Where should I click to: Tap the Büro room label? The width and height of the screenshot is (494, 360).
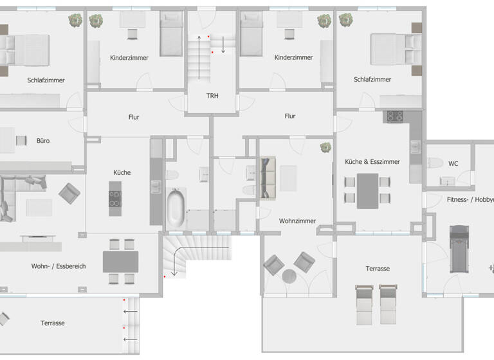coord(43,139)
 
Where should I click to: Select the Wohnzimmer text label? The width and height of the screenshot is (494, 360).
coord(297,221)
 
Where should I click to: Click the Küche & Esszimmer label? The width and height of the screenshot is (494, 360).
coord(372,161)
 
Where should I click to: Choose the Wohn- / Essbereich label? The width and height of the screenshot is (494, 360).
coord(59,265)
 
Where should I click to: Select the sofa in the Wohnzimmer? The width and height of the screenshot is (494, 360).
coord(266,177)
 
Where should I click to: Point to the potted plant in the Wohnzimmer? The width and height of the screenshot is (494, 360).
coord(325,147)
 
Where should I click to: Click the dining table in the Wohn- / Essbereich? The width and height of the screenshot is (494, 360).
coord(120,261)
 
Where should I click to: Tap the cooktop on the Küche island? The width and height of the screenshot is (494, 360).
coord(114,198)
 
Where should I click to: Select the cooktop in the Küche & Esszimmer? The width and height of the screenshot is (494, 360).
coord(393,116)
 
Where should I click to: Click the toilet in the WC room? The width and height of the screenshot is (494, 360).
coord(435,163)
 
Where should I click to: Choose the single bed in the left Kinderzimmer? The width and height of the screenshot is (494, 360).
coord(171,35)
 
